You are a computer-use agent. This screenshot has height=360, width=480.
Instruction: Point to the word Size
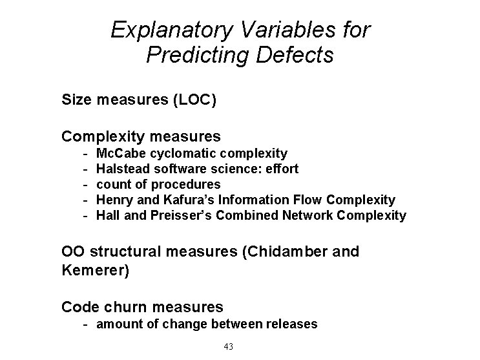point(75,100)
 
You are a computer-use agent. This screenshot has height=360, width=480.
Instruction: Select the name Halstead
point(122,169)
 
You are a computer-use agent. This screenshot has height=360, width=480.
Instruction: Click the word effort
point(283,169)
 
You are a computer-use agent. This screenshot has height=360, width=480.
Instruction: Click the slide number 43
point(228,347)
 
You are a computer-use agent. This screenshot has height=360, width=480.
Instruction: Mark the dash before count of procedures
point(86,184)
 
